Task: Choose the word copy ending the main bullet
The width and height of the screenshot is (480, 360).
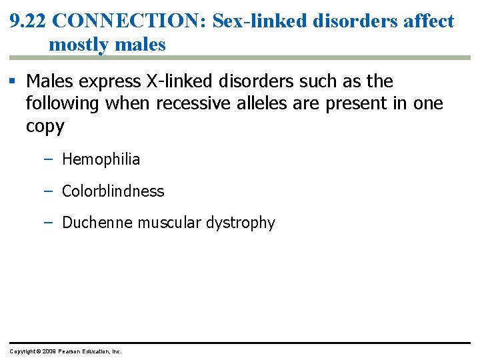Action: coord(45,126)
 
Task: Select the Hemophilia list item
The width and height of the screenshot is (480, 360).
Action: coord(101,159)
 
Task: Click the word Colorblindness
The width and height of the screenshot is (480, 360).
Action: coord(113,191)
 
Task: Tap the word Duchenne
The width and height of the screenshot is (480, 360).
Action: coord(97,223)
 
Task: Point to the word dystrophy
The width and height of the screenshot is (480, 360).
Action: coord(242,223)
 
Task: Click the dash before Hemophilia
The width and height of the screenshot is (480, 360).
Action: coord(49,159)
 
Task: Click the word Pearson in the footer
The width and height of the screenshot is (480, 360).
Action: coord(70,351)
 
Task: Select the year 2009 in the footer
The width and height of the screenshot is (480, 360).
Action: coord(49,351)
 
